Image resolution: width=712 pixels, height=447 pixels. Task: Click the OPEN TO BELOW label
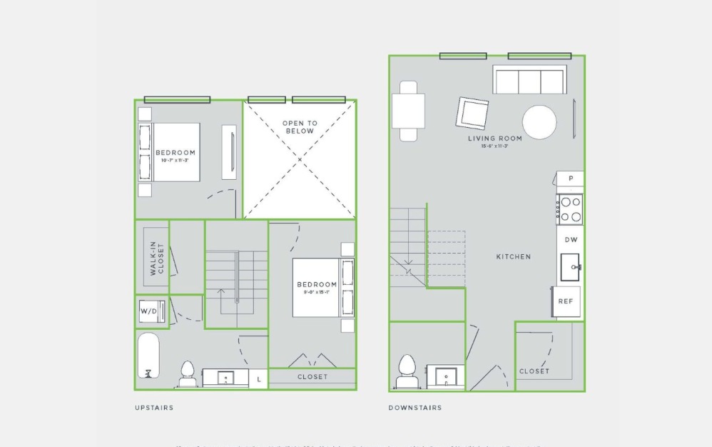[x=300, y=127]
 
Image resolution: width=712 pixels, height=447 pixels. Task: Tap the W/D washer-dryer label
[x=148, y=312]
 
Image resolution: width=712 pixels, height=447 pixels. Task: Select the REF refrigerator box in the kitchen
[x=566, y=301]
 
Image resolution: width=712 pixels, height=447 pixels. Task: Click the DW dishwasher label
[x=571, y=240]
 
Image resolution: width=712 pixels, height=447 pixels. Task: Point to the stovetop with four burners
[x=570, y=209]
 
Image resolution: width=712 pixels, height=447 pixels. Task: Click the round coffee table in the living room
[x=539, y=122]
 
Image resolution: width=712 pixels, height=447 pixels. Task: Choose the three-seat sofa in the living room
[x=529, y=80]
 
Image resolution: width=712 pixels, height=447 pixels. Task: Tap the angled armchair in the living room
[x=472, y=113]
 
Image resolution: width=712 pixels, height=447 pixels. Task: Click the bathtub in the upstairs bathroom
[x=148, y=356]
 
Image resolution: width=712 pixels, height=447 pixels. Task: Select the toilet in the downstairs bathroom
[x=407, y=373]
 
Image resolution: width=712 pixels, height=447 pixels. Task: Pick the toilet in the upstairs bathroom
[x=188, y=373]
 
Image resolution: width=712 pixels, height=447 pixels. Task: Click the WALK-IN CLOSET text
[x=156, y=258]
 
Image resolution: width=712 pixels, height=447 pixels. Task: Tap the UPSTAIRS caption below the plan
[x=154, y=408]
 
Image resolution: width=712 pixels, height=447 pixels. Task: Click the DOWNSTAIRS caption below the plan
[x=415, y=408]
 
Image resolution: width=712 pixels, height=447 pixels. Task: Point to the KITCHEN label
[x=514, y=256]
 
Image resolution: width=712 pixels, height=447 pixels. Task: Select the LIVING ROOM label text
[x=494, y=139]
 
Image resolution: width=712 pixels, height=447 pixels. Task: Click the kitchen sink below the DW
[x=570, y=268]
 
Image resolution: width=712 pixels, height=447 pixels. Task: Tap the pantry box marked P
[x=570, y=179]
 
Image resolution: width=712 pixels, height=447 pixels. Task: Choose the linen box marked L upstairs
[x=258, y=379]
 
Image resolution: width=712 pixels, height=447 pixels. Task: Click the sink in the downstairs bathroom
[x=445, y=376]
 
